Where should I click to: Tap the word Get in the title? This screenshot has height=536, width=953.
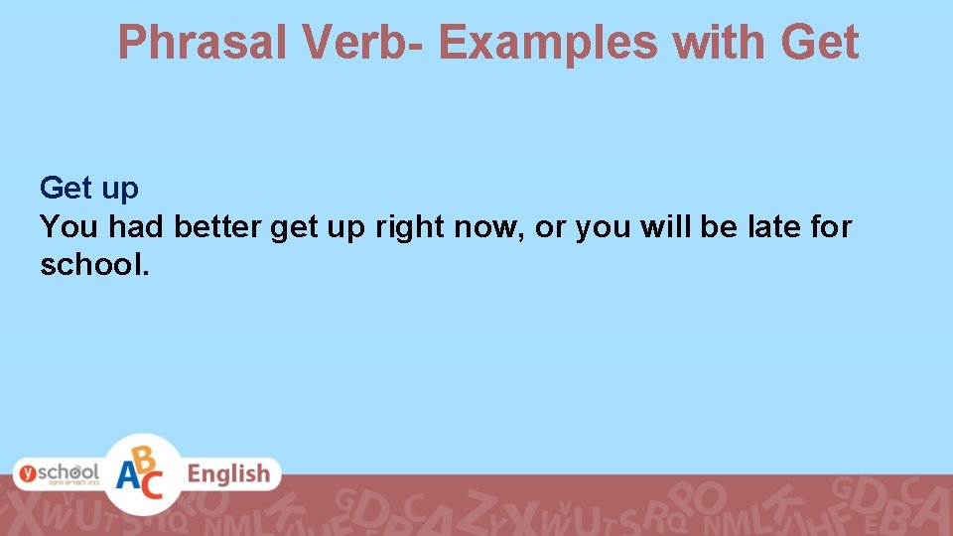[819, 43]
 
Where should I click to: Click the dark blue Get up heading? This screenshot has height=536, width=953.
[89, 188]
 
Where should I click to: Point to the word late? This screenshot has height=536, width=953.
[769, 227]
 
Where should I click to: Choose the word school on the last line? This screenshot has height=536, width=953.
[90, 265]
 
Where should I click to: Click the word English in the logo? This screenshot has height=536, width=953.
[228, 473]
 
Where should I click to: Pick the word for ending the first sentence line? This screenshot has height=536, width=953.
[830, 227]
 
